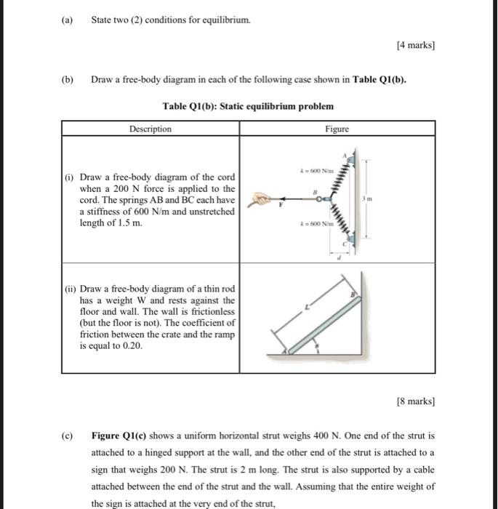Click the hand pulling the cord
point(261,199)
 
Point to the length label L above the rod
point(308,308)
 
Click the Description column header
point(150,129)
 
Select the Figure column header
point(337,129)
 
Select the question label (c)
point(67,436)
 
